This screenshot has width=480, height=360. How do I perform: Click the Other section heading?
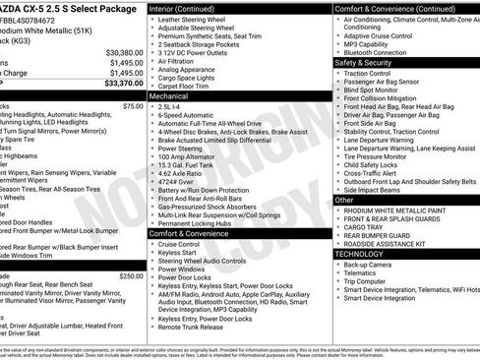[x=345, y=199]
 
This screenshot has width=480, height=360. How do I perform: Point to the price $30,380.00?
[x=118, y=52]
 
